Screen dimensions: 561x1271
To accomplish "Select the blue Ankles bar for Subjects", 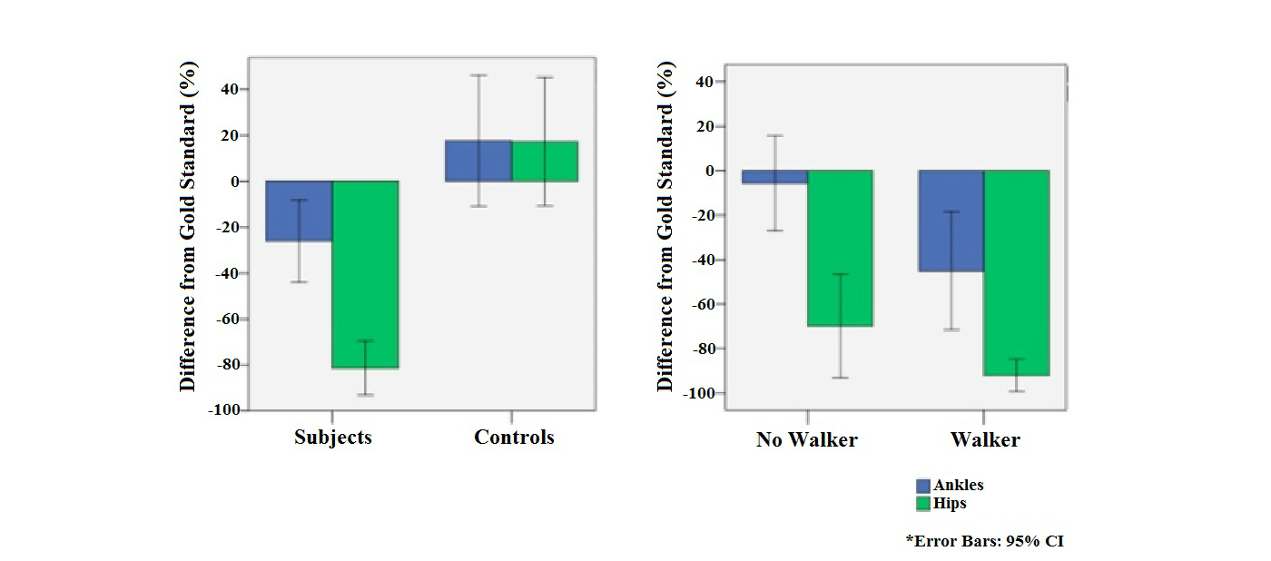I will (299, 211).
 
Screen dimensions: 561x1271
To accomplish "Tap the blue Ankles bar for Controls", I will (478, 161).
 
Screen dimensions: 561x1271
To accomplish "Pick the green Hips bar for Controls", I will (545, 161).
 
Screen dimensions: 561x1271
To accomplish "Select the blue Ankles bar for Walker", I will (951, 221).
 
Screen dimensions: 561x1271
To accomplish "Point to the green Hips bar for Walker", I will (1016, 272).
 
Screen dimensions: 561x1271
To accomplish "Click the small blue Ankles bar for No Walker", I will (774, 177).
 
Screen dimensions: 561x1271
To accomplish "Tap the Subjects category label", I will (333, 438).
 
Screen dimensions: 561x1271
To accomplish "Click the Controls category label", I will (514, 438).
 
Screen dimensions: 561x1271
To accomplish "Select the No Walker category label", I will (806, 440).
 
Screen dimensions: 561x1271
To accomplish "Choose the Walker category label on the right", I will (985, 440).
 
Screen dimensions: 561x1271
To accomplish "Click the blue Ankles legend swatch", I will (923, 487).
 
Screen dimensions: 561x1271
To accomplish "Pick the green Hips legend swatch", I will (923, 504).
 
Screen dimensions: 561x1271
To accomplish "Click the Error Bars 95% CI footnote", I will (984, 541).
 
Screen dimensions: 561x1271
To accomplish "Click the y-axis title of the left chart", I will (188, 227).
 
